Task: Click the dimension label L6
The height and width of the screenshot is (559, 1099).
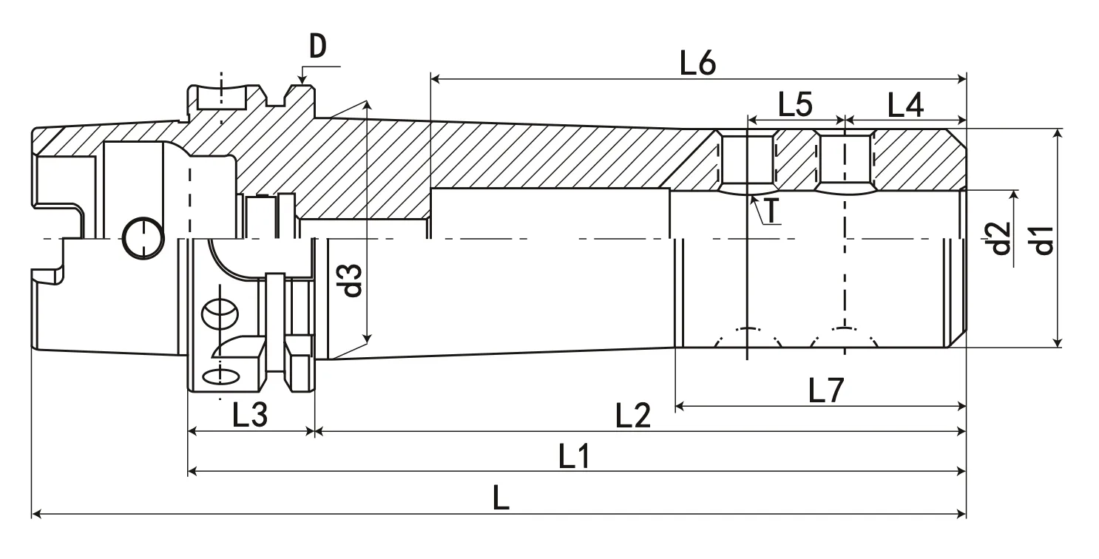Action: (697, 65)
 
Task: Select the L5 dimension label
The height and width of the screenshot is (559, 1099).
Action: (795, 106)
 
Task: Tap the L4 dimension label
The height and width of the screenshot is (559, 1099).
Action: (904, 106)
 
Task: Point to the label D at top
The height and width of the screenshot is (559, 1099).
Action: (318, 48)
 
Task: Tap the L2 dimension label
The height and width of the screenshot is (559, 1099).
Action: (633, 417)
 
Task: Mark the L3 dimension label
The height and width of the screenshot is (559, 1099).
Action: (249, 417)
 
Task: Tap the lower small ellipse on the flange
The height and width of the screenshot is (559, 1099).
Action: (221, 376)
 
